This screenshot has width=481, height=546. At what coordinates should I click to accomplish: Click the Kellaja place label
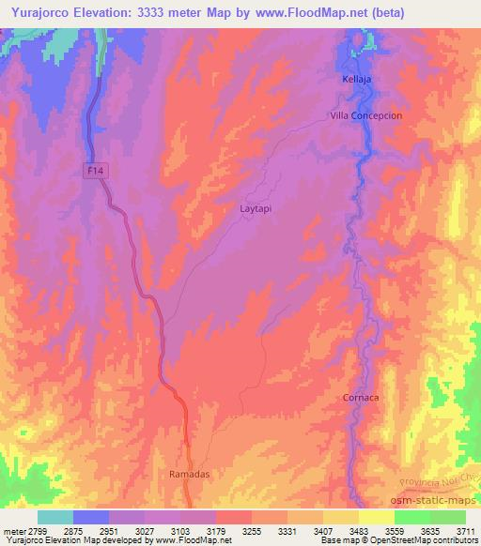pyautogui.click(x=356, y=80)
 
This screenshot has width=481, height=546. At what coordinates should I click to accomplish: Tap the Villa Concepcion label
pyautogui.click(x=365, y=114)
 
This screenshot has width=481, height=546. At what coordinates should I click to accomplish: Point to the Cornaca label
pyautogui.click(x=360, y=398)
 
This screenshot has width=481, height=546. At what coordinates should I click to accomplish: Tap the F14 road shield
pyautogui.click(x=93, y=170)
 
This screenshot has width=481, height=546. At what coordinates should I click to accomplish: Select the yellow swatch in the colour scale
pyautogui.click(x=376, y=517)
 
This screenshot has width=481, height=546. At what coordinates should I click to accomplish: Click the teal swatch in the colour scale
pyautogui.click(x=54, y=517)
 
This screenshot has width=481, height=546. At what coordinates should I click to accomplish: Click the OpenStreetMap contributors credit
pyautogui.click(x=427, y=540)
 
